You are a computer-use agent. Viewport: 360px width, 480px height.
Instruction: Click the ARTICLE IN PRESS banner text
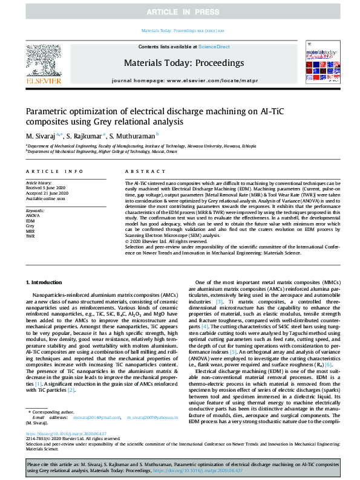click(180, 12)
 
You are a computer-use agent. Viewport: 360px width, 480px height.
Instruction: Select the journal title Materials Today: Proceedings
click(183, 63)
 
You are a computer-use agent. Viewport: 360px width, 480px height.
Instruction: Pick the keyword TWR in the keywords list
click(30, 236)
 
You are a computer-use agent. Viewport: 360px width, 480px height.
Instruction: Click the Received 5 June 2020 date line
click(46, 187)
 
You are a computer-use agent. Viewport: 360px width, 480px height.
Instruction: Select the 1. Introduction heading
click(46, 282)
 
